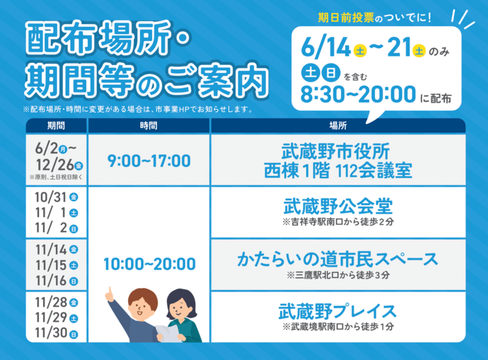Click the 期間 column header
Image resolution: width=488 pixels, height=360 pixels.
(56, 125)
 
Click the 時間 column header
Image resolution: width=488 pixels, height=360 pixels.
(149, 125)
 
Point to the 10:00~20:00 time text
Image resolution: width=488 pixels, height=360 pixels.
(149, 265)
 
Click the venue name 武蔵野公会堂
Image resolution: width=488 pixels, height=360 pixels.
(337, 207)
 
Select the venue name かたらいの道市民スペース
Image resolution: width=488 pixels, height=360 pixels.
(337, 259)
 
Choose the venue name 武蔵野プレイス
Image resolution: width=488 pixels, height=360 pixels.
(337, 310)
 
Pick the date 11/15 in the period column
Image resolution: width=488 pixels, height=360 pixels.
(49, 265)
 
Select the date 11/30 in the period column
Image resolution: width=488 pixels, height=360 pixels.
(49, 333)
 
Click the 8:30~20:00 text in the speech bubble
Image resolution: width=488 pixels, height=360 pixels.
(357, 94)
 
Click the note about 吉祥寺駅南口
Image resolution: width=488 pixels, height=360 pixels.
(337, 222)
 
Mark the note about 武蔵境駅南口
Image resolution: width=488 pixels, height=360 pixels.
(337, 327)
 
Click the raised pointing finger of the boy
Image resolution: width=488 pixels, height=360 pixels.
(109, 290)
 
